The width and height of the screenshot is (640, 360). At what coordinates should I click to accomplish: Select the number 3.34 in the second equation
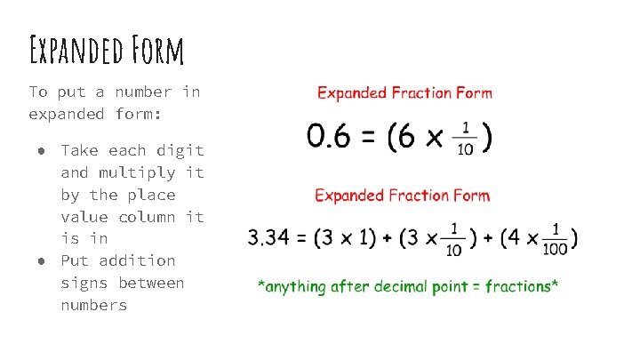click(x=269, y=238)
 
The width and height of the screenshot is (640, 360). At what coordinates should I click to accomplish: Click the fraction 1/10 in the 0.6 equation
click(x=465, y=139)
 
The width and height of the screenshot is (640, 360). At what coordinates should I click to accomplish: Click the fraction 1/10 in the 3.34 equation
click(x=453, y=238)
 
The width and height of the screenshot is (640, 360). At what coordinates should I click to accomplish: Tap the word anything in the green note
click(x=297, y=286)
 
